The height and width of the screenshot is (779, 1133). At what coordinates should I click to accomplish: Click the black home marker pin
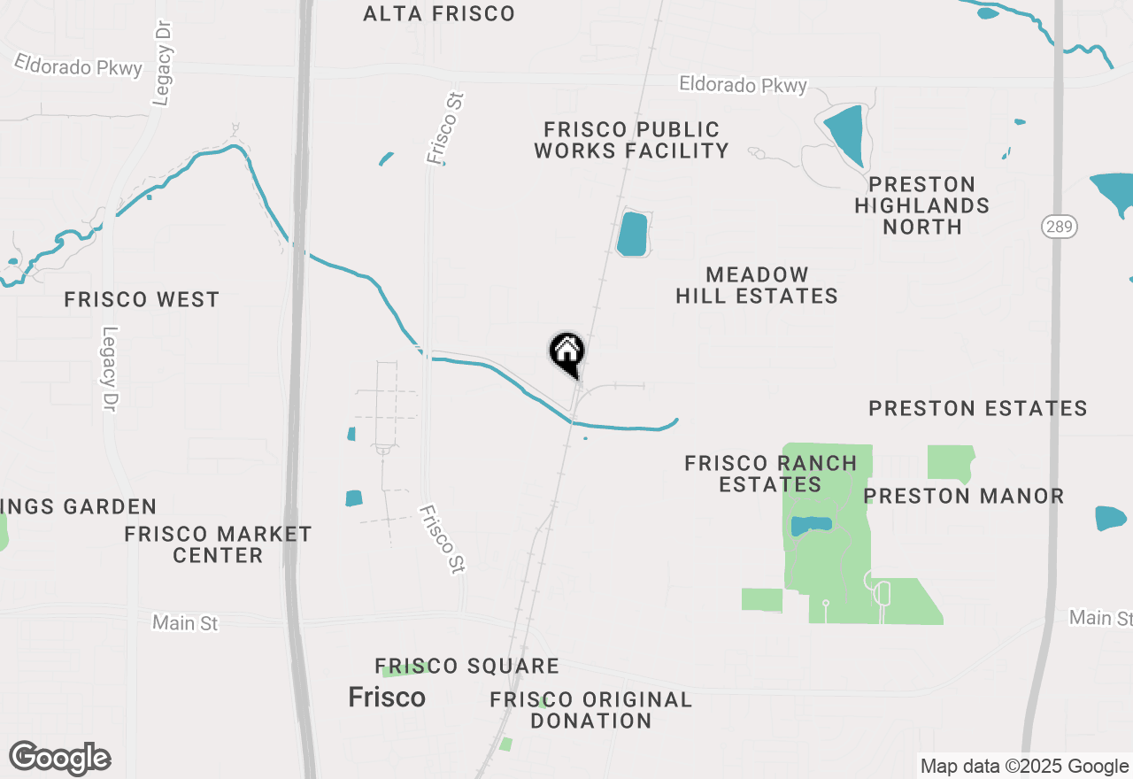click(566, 352)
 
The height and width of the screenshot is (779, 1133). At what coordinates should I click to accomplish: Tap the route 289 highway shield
click(1059, 228)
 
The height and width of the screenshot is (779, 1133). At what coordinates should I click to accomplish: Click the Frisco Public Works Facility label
click(631, 141)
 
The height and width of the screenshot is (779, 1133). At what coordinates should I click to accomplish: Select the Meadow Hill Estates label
click(757, 285)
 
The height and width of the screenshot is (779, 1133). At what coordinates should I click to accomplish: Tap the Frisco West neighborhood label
click(142, 300)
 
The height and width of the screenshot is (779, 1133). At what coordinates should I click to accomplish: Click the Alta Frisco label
click(439, 13)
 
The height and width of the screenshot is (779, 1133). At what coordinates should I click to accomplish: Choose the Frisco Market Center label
click(218, 544)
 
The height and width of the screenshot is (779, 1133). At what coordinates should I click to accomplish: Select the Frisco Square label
click(466, 666)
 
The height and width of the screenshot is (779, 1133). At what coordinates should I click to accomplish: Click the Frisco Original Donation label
click(591, 710)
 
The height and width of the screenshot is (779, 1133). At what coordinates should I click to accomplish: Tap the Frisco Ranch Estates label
click(771, 474)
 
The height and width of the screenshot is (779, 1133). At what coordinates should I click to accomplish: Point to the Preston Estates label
click(978, 408)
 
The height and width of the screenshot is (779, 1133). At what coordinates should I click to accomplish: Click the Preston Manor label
click(964, 496)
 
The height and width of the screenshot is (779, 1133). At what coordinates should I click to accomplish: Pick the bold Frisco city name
click(387, 698)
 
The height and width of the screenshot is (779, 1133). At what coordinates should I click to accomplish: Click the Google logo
click(60, 759)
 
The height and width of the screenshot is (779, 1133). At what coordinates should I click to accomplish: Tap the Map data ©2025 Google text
click(1023, 766)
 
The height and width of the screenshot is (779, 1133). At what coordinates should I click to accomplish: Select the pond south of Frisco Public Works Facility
click(632, 234)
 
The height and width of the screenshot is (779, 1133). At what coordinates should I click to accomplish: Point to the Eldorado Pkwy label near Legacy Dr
click(78, 66)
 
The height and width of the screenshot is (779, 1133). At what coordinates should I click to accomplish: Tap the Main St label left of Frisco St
click(185, 623)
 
